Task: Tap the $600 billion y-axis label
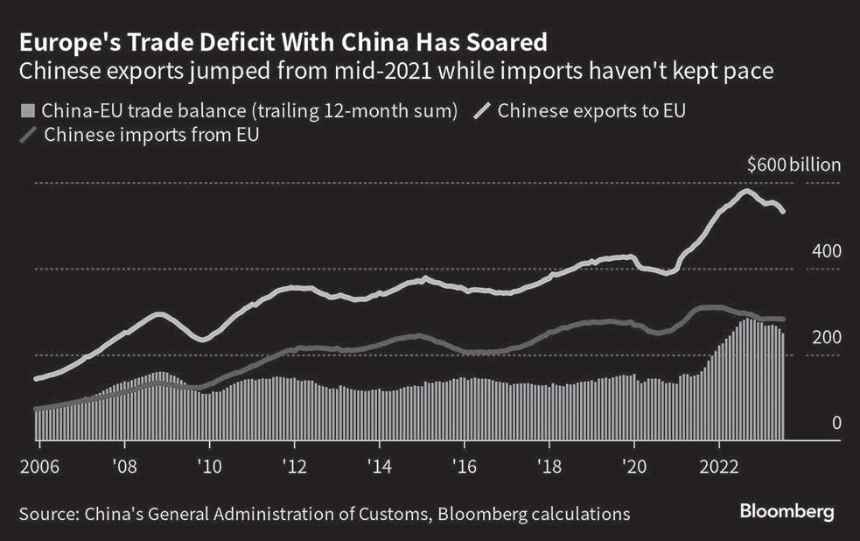coord(794,165)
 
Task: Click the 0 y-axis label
coord(836,424)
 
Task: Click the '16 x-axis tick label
coord(464,464)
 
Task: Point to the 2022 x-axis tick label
coord(718,464)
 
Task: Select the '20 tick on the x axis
coord(633,464)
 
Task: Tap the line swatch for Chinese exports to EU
coord(482,111)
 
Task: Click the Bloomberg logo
coord(787,510)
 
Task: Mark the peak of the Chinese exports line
coord(745,191)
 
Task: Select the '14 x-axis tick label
coord(379,464)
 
